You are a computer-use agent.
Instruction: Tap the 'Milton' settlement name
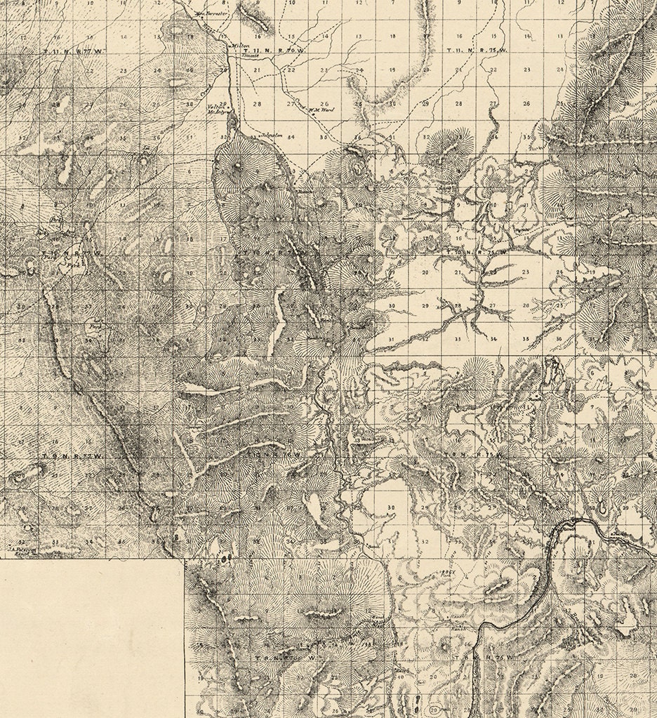240,45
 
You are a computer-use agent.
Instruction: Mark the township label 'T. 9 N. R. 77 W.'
72,456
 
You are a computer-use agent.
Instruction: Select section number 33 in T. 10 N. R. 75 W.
458,339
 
